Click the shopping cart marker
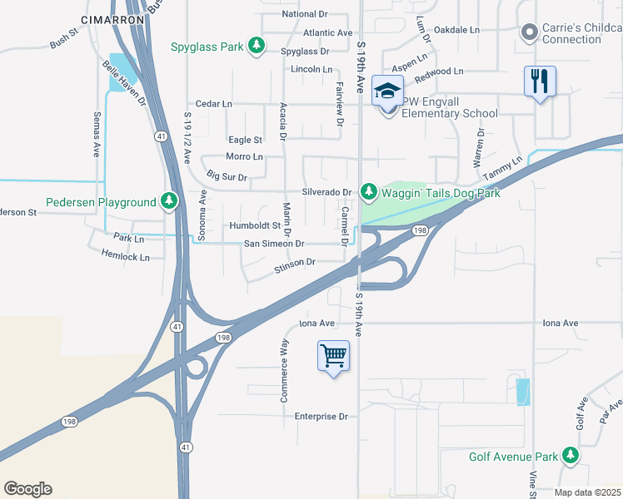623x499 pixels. pos(333,356)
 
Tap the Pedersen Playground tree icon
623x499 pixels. pos(169,201)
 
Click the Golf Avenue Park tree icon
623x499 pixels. pos(571,456)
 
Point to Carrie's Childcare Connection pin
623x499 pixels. pos(527,32)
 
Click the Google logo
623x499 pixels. pos(27,489)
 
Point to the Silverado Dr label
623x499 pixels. pos(326,192)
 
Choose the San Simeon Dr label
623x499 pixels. pos(274,244)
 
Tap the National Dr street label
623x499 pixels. pos(305,14)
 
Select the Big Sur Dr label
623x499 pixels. pos(226,176)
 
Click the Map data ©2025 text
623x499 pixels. pos(586,492)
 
